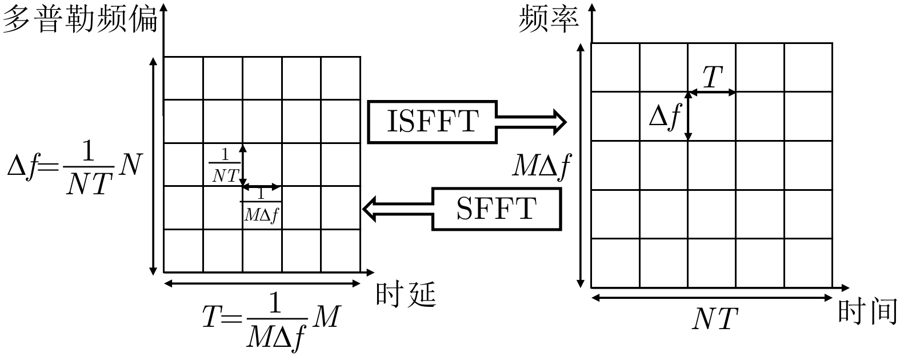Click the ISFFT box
(432, 122)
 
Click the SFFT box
(496, 209)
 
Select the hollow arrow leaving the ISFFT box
(531, 122)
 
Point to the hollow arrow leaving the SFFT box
(398, 209)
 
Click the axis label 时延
(406, 296)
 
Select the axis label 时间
(867, 312)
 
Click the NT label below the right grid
(715, 319)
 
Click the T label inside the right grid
(712, 77)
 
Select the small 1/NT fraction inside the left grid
(225, 166)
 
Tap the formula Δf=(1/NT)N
(73, 167)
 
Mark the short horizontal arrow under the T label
(712, 91)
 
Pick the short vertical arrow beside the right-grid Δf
(688, 117)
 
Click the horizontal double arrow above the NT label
(712, 297)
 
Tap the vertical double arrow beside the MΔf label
(581, 166)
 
